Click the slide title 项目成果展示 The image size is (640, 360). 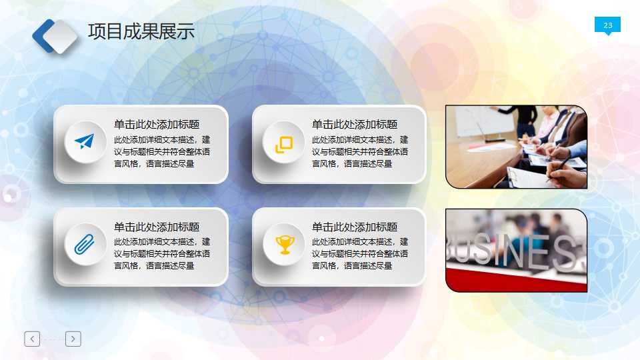point(141,31)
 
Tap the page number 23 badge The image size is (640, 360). point(607,25)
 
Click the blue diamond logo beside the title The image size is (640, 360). point(55,36)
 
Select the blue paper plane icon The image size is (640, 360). point(84,141)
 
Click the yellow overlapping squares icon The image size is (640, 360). point(284,144)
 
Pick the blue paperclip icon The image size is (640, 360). point(84,245)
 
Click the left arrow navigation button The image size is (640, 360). point(32,339)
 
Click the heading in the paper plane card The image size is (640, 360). point(157,124)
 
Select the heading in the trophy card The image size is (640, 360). point(355,227)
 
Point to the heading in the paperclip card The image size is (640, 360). point(157,227)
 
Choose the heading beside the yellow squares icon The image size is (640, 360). point(355,124)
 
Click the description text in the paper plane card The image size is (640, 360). point(162,152)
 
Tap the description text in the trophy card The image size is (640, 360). point(360,254)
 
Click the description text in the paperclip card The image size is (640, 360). point(162,254)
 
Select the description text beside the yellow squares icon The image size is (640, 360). point(360,152)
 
